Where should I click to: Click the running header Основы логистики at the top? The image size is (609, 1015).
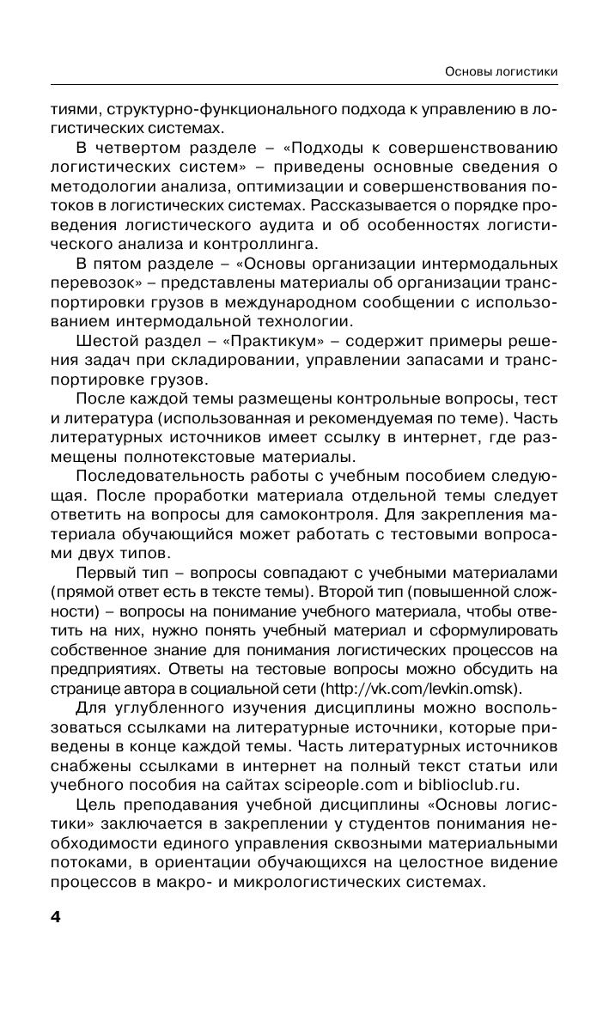coord(499,71)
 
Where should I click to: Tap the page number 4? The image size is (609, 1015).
coord(56,918)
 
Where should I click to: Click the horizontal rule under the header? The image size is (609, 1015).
coord(304,85)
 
